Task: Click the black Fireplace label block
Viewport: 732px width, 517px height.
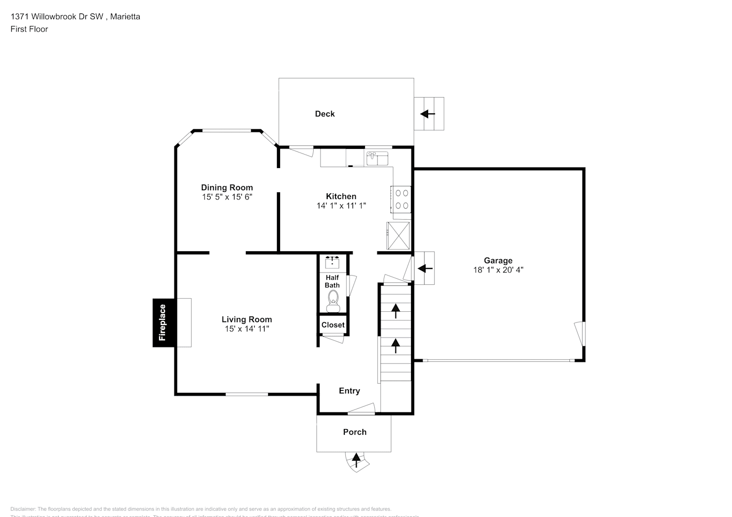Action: (x=163, y=323)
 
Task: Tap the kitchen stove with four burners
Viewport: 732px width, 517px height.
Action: (x=402, y=199)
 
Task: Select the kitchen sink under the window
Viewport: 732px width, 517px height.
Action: (x=377, y=158)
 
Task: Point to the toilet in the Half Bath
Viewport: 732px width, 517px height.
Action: (x=332, y=298)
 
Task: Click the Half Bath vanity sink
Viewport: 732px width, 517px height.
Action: (x=332, y=263)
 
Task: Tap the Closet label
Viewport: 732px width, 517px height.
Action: (x=332, y=325)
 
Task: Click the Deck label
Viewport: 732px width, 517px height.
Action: (x=325, y=114)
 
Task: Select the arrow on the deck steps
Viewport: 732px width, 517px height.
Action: (x=428, y=114)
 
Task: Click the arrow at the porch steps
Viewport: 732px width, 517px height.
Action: (x=356, y=458)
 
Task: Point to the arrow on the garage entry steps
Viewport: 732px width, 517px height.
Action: (x=425, y=268)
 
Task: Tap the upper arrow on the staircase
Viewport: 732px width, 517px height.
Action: (x=396, y=310)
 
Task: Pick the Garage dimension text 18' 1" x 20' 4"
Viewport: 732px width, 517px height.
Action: (x=498, y=270)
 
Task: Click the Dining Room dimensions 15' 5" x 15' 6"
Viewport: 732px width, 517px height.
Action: (x=227, y=197)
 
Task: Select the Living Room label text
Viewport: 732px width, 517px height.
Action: (x=246, y=320)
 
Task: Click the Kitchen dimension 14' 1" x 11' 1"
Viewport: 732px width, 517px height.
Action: (x=341, y=205)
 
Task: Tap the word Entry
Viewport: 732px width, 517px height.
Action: (x=349, y=391)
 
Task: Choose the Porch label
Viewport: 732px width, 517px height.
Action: (x=355, y=432)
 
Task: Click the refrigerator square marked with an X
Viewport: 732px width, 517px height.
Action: (x=398, y=236)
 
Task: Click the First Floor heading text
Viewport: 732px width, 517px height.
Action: (x=29, y=29)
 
